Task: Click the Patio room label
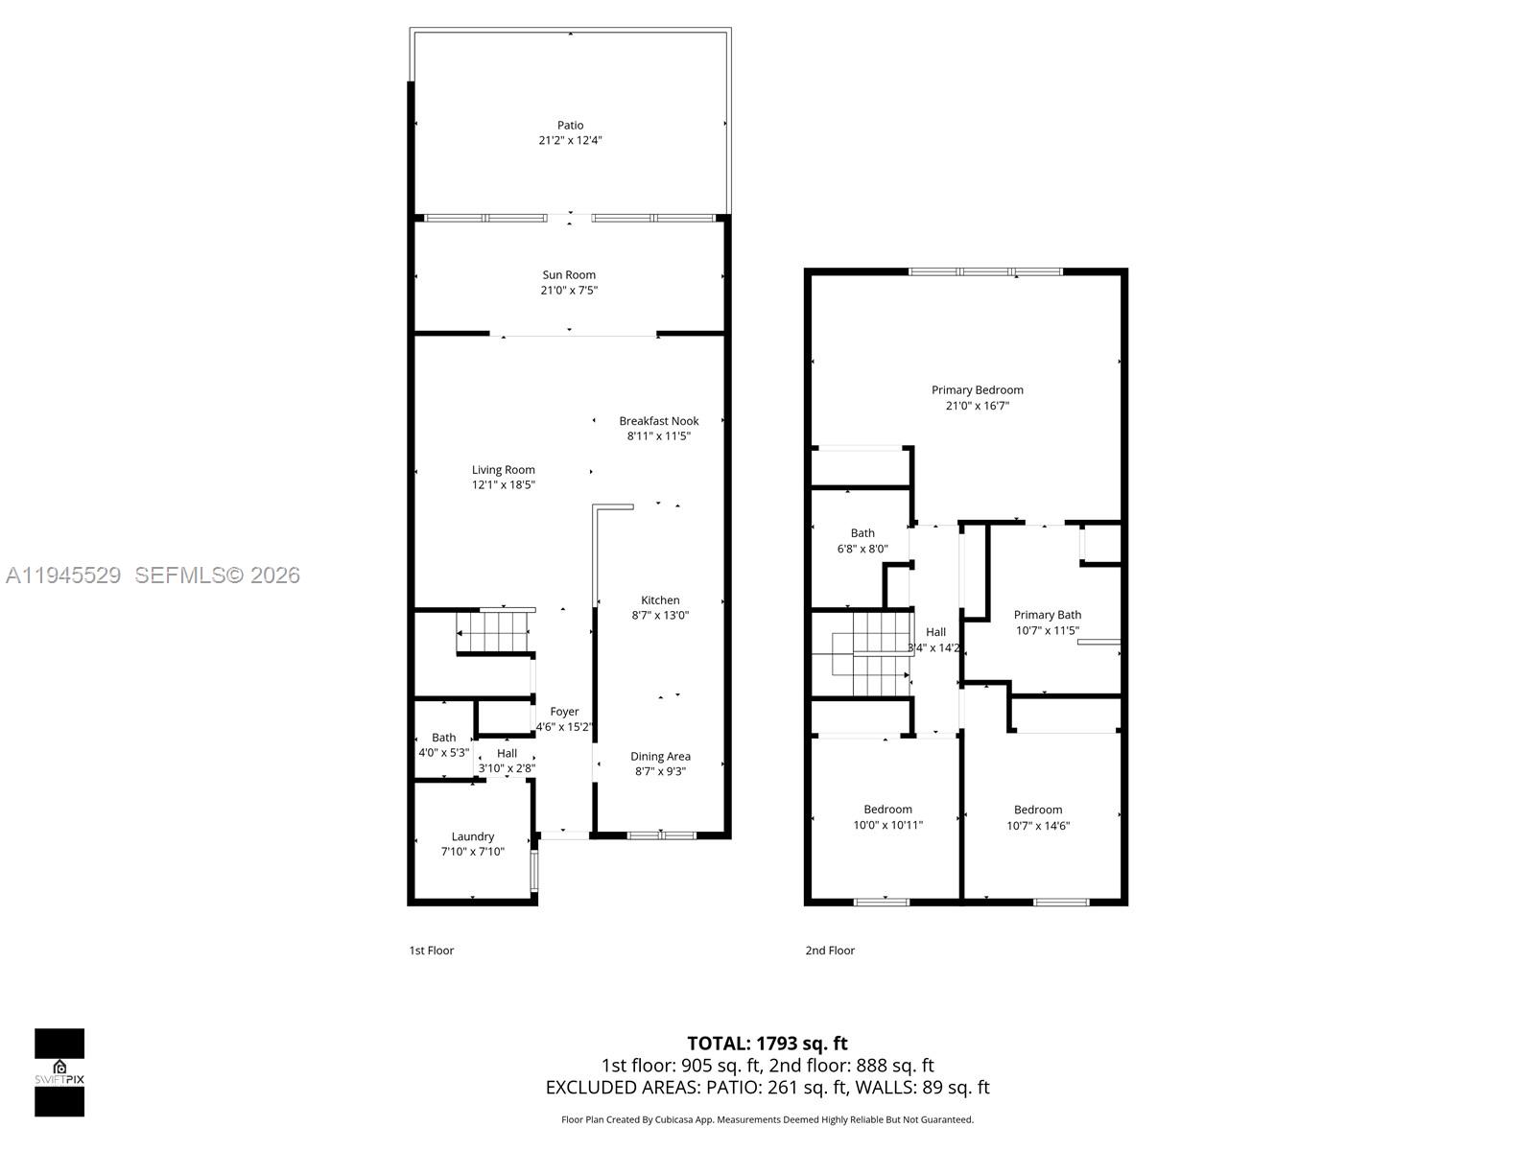[570, 126]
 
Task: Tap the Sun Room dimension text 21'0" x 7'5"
[569, 291]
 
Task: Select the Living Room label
[503, 470]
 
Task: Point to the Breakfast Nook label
[658, 421]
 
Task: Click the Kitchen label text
[660, 600]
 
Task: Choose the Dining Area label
[660, 757]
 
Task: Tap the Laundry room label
[472, 836]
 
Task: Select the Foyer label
[564, 712]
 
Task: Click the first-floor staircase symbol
[493, 632]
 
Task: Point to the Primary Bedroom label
[977, 390]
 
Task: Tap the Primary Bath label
[1047, 616]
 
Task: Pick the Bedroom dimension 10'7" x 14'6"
[1038, 826]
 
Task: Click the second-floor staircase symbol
[862, 654]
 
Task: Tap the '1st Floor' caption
[431, 951]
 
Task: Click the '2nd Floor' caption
[830, 951]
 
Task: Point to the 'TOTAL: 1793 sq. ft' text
[767, 1044]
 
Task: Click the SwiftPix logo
[59, 1072]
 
